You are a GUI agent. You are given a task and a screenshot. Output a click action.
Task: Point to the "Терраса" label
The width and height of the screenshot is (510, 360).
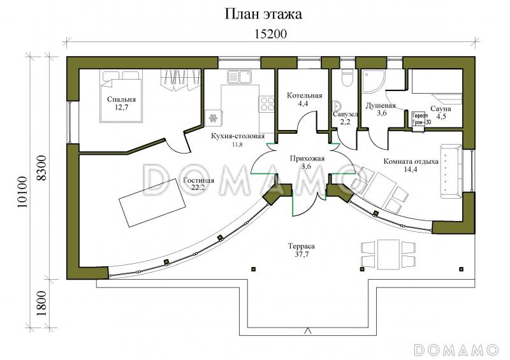point(302,245)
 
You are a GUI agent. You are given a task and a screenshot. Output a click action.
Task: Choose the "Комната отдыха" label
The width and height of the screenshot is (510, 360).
point(411,162)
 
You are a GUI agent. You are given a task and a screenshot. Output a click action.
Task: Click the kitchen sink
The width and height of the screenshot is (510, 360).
point(240,78)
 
